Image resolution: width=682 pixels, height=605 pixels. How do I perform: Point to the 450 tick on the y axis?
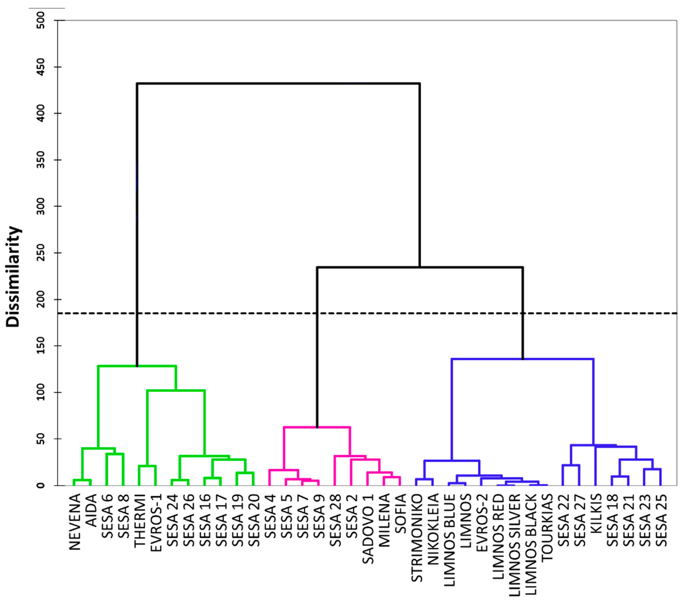(41, 67)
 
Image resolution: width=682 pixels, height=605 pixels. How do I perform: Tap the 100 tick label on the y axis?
(41, 392)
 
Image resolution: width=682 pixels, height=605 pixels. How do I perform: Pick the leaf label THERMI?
(140, 520)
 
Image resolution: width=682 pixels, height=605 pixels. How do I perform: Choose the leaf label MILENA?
(385, 520)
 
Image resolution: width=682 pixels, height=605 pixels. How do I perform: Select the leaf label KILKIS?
(596, 514)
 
